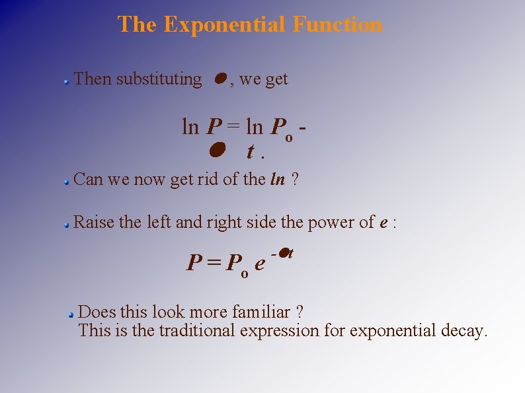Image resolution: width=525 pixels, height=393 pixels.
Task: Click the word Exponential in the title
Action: click(225, 24)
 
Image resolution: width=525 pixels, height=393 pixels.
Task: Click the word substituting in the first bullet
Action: click(159, 79)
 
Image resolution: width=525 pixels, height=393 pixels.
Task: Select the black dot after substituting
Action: click(221, 79)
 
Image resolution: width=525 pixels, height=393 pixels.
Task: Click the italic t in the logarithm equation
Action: click(251, 152)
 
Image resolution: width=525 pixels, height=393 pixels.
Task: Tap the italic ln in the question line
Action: click(278, 179)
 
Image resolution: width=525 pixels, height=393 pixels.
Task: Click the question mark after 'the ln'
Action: click(295, 179)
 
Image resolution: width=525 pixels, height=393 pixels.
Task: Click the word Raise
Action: click(93, 222)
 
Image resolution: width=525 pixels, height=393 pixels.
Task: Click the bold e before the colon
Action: click(384, 223)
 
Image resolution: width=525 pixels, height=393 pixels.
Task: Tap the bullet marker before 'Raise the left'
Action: click(67, 225)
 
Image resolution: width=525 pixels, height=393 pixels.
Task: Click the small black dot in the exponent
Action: click(282, 252)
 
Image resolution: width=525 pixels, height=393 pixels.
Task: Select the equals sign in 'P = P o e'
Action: click(213, 264)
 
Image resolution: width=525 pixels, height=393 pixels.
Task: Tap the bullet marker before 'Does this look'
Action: click(71, 314)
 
